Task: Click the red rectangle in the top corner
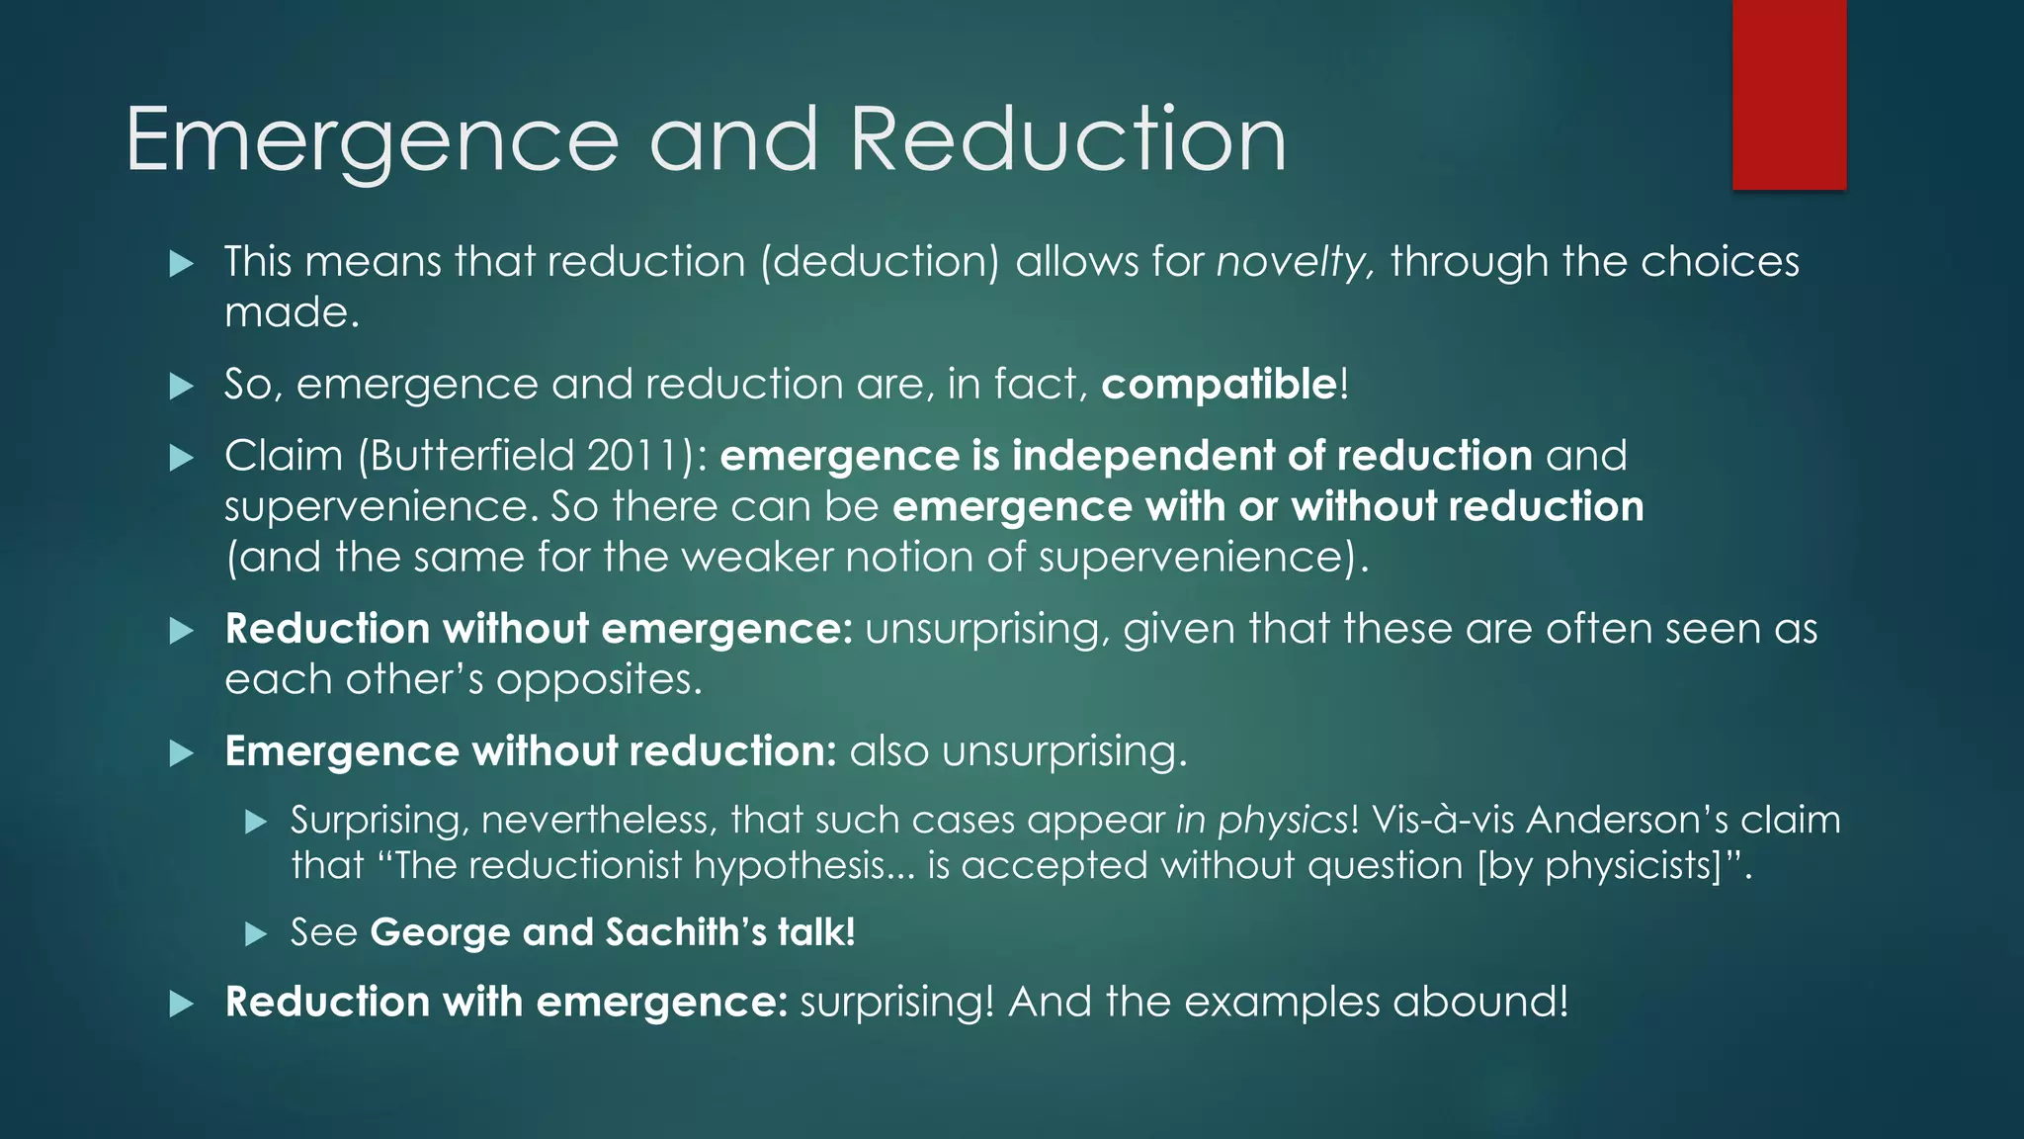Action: tap(1789, 94)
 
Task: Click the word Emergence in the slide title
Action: tap(372, 140)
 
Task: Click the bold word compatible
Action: tap(1220, 385)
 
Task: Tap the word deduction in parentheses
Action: tap(881, 262)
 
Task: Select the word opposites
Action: tap(597, 680)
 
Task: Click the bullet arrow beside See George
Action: tap(256, 933)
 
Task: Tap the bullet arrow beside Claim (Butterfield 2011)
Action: tap(182, 458)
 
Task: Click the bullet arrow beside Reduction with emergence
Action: tap(182, 1005)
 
